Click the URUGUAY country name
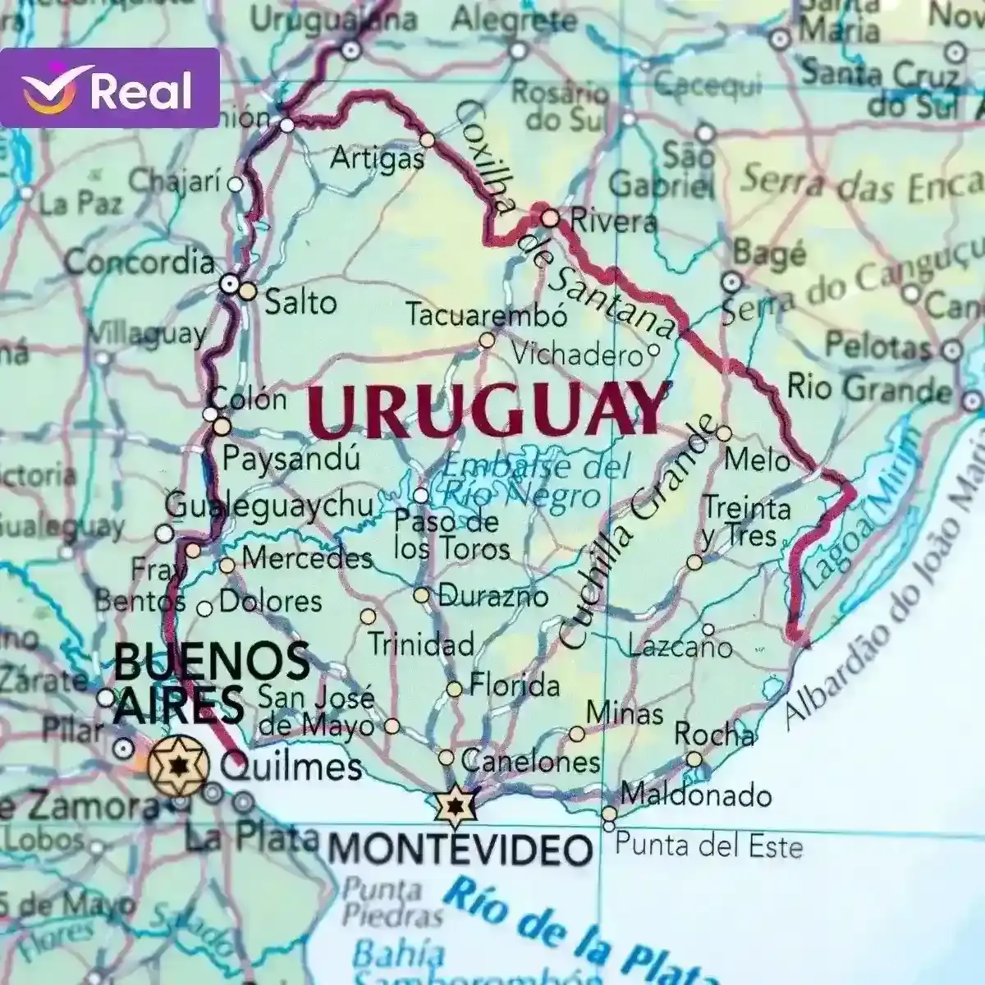[488, 410]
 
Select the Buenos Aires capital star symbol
[177, 765]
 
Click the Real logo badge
[109, 89]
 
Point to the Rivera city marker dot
[550, 218]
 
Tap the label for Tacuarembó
[487, 315]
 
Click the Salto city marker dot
[248, 291]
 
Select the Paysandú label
[291, 459]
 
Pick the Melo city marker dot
[723, 433]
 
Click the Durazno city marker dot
[421, 595]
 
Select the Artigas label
[377, 158]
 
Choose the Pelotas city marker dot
[951, 351]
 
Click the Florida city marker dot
[454, 689]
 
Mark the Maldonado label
[696, 795]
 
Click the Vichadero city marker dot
[653, 350]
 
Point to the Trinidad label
[420, 644]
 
